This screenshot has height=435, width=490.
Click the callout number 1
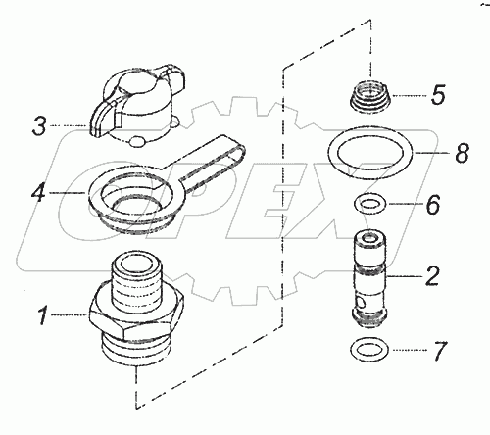coord(43,315)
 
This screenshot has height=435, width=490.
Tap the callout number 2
coord(432,276)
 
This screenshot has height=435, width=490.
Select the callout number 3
coord(39,126)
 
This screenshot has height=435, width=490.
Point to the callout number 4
coord(38,193)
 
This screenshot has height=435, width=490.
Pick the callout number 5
coord(438,95)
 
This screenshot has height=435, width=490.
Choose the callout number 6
coord(433,205)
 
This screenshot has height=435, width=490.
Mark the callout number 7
coord(439,351)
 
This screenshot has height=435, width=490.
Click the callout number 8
coord(463,153)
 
